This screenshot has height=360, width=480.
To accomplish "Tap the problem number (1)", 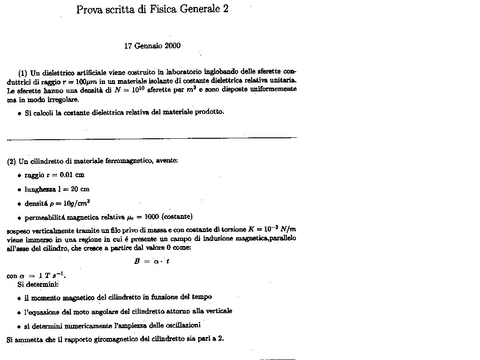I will click(x=23, y=73).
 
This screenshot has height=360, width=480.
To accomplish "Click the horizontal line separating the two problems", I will click(x=152, y=138).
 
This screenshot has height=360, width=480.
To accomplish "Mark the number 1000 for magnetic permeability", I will click(x=152, y=217).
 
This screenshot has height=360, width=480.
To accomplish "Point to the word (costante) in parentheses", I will click(x=177, y=217).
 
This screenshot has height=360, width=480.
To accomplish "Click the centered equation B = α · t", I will click(x=152, y=262).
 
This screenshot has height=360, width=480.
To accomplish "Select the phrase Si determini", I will click(x=37, y=284).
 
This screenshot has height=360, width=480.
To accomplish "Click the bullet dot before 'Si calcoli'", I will click(x=19, y=113).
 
